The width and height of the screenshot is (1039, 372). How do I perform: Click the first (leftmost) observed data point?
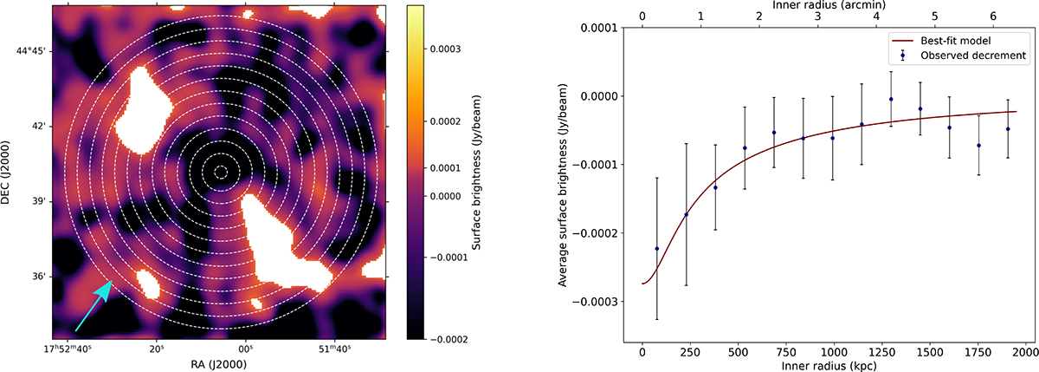[x=656, y=249]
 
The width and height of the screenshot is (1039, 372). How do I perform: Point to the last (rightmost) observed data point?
[x=1008, y=128]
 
